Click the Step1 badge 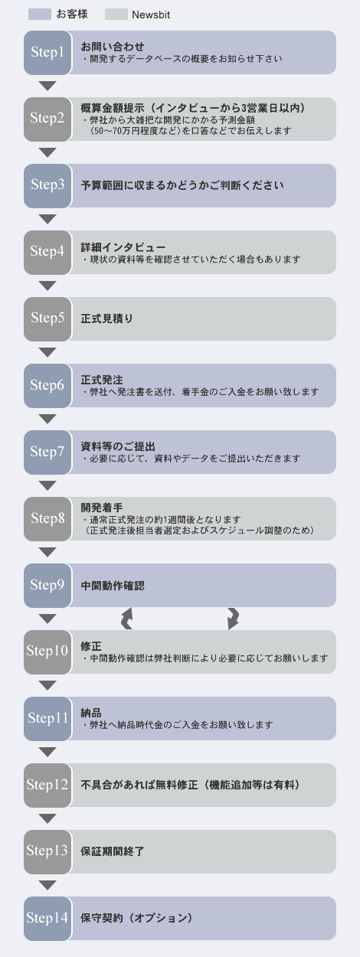pyautogui.click(x=47, y=53)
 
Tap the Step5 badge pyautogui.click(x=47, y=318)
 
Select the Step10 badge pyautogui.click(x=47, y=652)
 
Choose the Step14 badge pyautogui.click(x=47, y=919)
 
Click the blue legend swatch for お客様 pyautogui.click(x=40, y=15)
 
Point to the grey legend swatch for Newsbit pyautogui.click(x=116, y=15)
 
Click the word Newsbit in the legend pyautogui.click(x=151, y=15)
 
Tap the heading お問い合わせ pyautogui.click(x=113, y=47)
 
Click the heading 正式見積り pyautogui.click(x=107, y=318)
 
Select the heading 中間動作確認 pyautogui.click(x=113, y=586)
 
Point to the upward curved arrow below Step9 pyautogui.click(x=126, y=619)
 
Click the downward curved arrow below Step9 pyautogui.click(x=233, y=619)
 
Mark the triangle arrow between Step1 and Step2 pyautogui.click(x=47, y=86)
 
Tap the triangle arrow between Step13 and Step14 pyautogui.click(x=47, y=886)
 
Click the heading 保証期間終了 pyautogui.click(x=113, y=851)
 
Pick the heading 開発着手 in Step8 pyautogui.click(x=102, y=508)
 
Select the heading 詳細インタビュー pyautogui.click(x=123, y=247)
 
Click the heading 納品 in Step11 pyautogui.click(x=91, y=713)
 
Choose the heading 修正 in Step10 pyautogui.click(x=91, y=646)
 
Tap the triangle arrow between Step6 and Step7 pyautogui.click(x=47, y=419)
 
